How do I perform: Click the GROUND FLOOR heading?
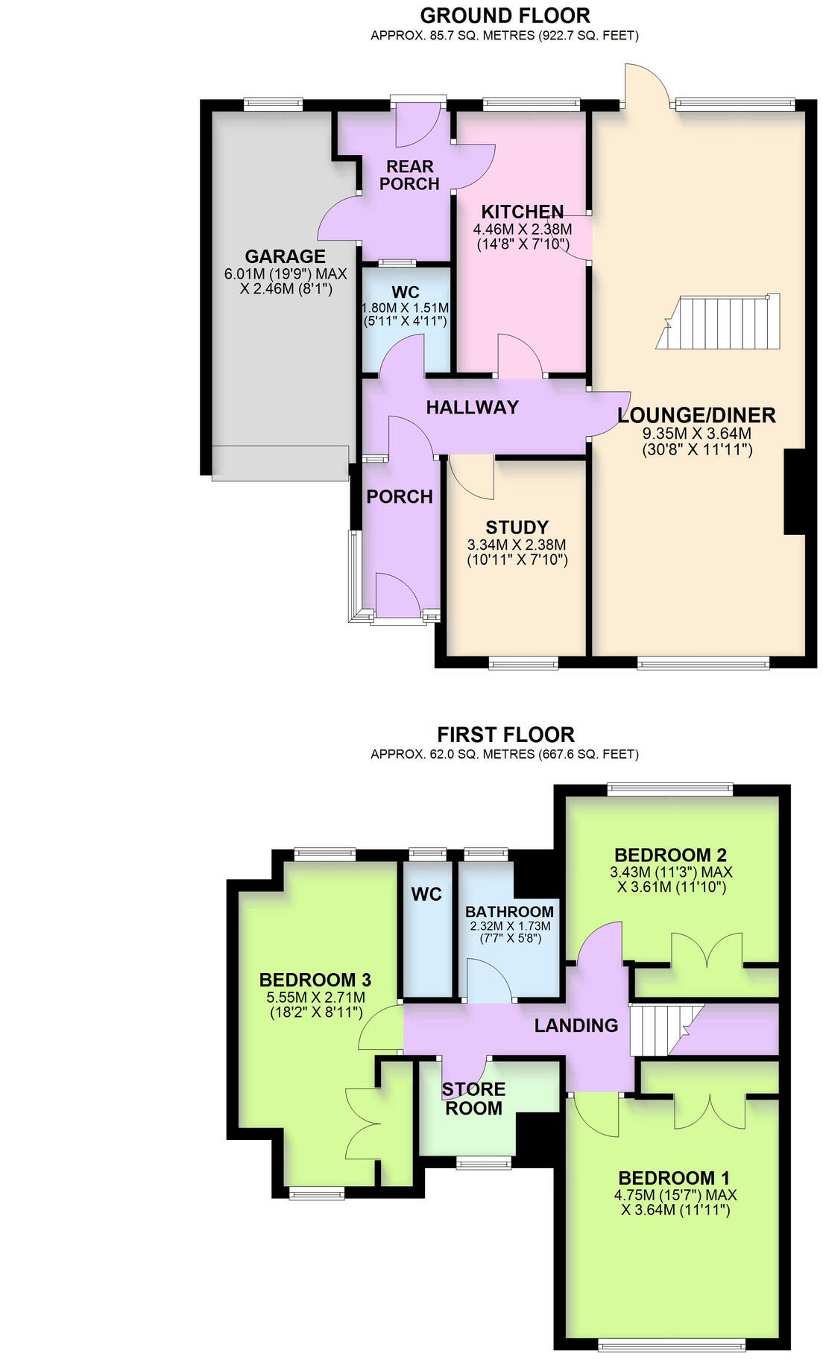[x=505, y=15]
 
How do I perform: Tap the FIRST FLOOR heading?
[x=505, y=734]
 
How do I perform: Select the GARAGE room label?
[x=285, y=256]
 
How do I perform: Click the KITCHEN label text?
[x=522, y=212]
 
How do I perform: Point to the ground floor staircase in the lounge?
[x=718, y=323]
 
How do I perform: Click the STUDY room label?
[x=517, y=528]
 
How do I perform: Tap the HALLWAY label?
[x=472, y=407]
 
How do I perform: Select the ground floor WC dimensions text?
[x=405, y=314]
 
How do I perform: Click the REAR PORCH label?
[x=409, y=175]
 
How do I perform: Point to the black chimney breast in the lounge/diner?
[x=795, y=492]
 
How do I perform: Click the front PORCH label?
[x=400, y=496]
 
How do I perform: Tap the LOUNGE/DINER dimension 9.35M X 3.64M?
[x=696, y=434]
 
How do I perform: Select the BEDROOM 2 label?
[x=670, y=855]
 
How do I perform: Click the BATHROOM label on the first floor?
[x=509, y=911]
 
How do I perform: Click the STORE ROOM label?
[x=473, y=1099]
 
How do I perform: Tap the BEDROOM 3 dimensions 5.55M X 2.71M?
[x=316, y=997]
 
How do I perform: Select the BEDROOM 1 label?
[x=674, y=1178]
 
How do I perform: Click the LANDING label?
[x=576, y=1026]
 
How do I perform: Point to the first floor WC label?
[x=426, y=894]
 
